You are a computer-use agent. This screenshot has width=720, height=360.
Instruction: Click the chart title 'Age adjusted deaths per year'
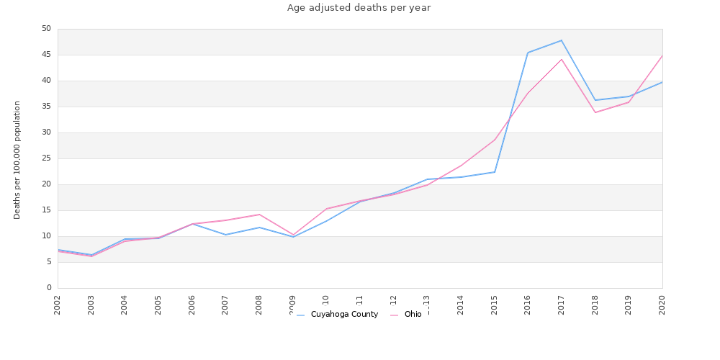(x=359, y=8)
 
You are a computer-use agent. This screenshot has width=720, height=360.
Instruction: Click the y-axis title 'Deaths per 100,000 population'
(x=17, y=160)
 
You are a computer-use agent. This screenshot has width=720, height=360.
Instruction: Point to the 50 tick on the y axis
(x=46, y=29)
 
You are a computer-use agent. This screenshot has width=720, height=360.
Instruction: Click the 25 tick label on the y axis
(x=46, y=158)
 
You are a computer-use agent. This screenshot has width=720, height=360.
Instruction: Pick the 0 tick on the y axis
(x=48, y=288)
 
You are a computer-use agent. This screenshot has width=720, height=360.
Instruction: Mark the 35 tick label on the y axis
(x=46, y=107)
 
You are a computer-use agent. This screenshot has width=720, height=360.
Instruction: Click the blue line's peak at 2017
(x=562, y=40)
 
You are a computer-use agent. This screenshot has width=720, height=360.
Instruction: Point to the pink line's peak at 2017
(x=562, y=59)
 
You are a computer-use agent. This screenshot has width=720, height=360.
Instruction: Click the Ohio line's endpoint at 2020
(x=662, y=55)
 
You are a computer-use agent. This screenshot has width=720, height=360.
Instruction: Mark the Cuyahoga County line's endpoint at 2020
(x=662, y=82)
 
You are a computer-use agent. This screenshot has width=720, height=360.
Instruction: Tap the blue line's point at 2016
(x=528, y=53)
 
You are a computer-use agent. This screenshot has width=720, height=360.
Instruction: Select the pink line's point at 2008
(x=259, y=215)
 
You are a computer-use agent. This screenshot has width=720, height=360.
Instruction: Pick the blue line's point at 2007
(x=225, y=235)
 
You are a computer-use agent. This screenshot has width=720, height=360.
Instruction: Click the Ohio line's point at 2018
(x=595, y=112)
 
